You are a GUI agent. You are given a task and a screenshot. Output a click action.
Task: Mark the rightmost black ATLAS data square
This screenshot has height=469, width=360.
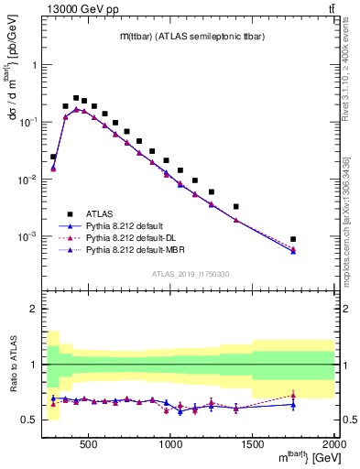coord(293,239)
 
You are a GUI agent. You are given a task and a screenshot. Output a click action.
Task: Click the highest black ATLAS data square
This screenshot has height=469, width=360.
coord(76,98)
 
